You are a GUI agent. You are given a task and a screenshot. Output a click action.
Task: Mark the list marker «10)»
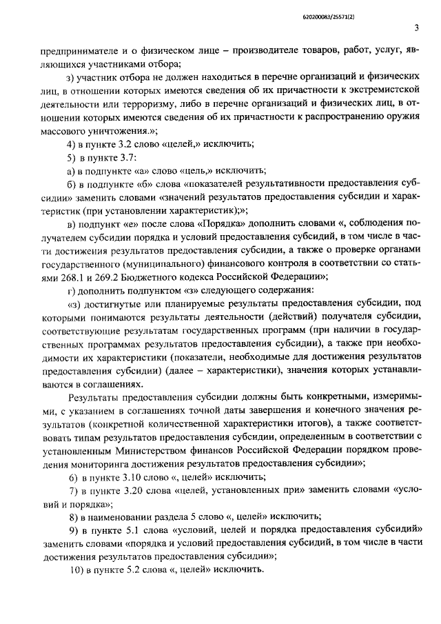click(x=78, y=570)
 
